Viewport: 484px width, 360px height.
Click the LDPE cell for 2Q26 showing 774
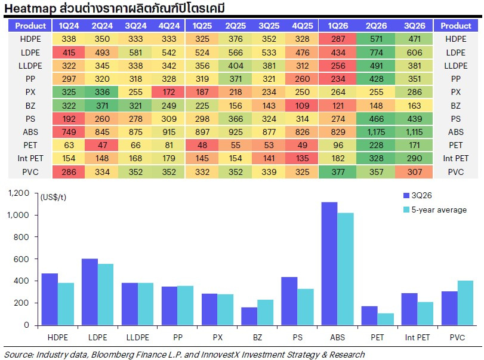click(x=375, y=53)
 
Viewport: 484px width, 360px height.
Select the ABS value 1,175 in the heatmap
click(x=375, y=132)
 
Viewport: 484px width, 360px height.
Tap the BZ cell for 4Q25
click(x=302, y=106)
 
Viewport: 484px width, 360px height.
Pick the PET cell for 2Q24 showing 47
click(x=102, y=145)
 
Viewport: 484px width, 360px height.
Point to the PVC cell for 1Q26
click(x=338, y=172)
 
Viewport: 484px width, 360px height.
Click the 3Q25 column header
click(x=269, y=26)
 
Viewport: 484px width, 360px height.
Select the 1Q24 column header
click(x=69, y=26)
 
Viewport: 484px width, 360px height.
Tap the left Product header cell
click(x=30, y=26)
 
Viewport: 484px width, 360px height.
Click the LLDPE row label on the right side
click(x=455, y=66)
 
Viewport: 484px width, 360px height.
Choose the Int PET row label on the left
click(x=30, y=158)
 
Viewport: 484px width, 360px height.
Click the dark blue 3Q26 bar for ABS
click(x=329, y=264)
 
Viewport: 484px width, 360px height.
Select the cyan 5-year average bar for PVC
click(x=465, y=303)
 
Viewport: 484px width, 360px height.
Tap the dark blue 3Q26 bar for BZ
click(x=249, y=316)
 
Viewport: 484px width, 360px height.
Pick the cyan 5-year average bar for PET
click(x=386, y=319)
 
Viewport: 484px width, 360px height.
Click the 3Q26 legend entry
click(x=418, y=195)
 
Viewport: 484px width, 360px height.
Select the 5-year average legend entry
click(x=435, y=210)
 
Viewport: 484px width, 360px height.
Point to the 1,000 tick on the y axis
click(x=19, y=215)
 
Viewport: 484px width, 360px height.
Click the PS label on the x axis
click(x=298, y=337)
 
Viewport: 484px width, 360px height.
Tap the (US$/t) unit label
click(x=53, y=197)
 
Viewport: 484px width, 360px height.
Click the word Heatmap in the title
click(x=30, y=8)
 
